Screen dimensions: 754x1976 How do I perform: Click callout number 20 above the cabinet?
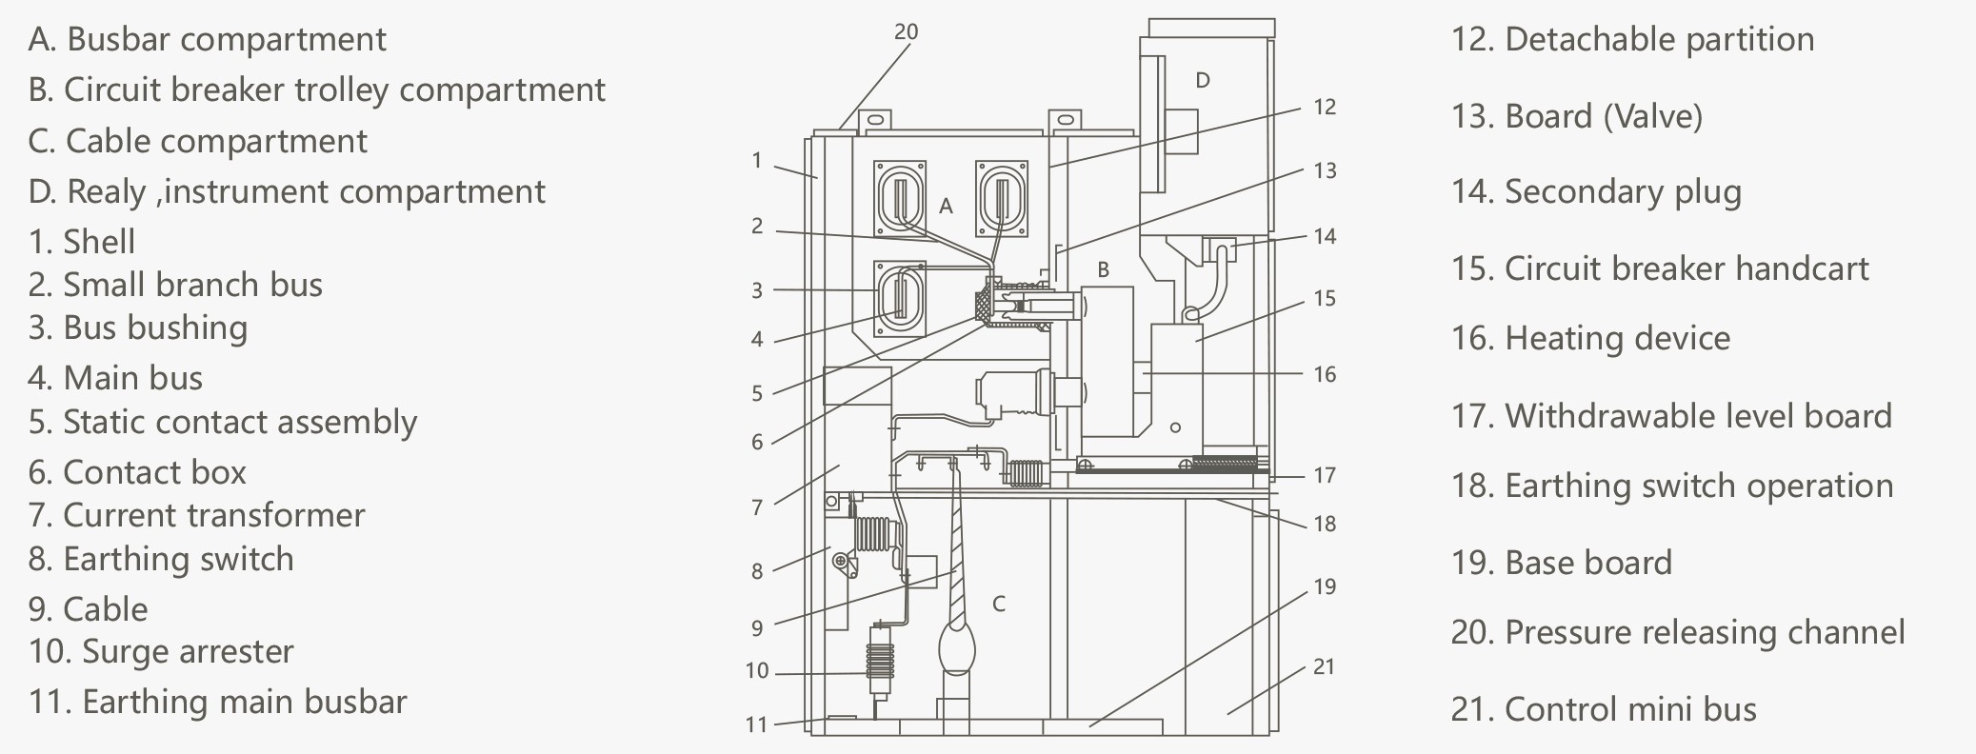(x=906, y=32)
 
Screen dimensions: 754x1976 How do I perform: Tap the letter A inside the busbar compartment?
(x=946, y=206)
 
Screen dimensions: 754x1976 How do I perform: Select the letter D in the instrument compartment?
(x=1203, y=80)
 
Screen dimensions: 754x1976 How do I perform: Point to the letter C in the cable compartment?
(x=998, y=604)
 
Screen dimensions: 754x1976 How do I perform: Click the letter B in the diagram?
(x=1103, y=269)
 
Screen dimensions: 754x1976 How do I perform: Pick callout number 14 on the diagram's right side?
(x=1325, y=236)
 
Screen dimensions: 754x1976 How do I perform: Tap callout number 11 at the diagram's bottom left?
(x=756, y=724)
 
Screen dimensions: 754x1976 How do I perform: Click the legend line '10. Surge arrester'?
(x=161, y=652)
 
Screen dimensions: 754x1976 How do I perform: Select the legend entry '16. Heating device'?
(x=1590, y=339)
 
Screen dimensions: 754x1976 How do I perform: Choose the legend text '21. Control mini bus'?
(x=1604, y=709)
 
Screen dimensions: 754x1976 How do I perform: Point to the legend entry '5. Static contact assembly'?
(x=223, y=422)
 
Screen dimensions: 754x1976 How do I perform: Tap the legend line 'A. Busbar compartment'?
(x=207, y=40)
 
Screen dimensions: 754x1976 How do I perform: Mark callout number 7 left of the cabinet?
(x=757, y=507)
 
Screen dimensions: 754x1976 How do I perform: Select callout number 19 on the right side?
(x=1325, y=586)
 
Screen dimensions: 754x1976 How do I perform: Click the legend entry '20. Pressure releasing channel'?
(x=1678, y=632)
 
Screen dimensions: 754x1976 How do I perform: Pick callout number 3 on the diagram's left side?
(x=757, y=290)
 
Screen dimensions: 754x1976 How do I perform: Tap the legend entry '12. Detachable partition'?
(x=1632, y=40)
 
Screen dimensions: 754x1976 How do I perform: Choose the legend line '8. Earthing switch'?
(x=161, y=560)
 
